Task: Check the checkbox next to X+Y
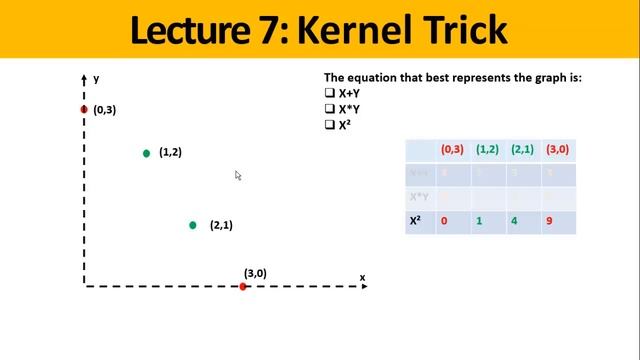(x=329, y=93)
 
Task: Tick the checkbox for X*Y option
(x=329, y=109)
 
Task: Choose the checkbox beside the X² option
(x=329, y=125)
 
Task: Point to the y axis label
(x=96, y=78)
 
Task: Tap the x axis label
(x=362, y=277)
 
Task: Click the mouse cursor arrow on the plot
(x=238, y=175)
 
